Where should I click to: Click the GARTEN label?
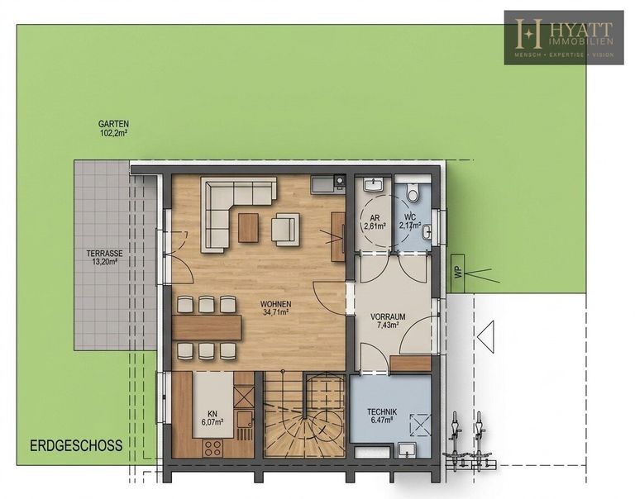point(113,124)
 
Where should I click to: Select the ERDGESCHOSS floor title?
point(76,445)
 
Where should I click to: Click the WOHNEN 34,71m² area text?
point(276,307)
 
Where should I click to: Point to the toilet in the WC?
point(413,192)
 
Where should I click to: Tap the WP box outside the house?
point(458,273)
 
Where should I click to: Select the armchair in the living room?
point(285,229)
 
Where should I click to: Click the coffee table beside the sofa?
point(248,228)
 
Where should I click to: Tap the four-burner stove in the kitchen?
point(212,448)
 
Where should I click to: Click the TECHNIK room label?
point(382,412)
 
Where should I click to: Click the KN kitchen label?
point(212,414)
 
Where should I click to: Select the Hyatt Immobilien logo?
point(564,38)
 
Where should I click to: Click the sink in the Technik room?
point(406,449)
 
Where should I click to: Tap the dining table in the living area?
point(207,327)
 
